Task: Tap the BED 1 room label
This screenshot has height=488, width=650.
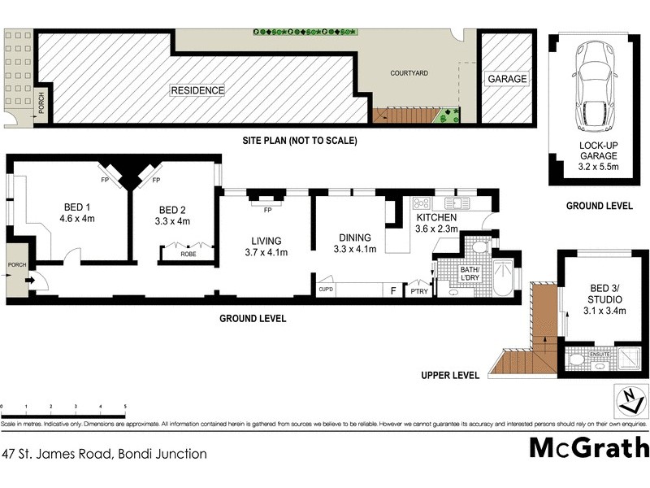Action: click(78, 207)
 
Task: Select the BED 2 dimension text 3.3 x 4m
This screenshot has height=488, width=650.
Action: click(173, 220)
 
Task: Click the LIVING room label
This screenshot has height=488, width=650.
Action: click(266, 241)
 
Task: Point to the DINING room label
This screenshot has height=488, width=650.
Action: click(354, 238)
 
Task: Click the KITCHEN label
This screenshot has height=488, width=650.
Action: click(437, 219)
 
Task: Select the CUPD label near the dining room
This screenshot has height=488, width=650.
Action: click(327, 289)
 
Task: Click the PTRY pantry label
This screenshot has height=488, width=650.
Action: click(419, 291)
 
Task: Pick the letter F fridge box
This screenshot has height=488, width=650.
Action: click(394, 290)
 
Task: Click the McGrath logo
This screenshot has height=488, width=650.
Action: click(589, 448)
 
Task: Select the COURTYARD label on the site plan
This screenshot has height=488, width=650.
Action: click(409, 72)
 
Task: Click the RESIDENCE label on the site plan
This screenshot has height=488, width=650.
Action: click(197, 90)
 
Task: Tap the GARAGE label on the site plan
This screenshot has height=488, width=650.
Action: click(506, 79)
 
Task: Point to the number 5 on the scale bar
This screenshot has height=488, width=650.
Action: click(125, 406)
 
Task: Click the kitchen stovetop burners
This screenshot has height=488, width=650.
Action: click(421, 203)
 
